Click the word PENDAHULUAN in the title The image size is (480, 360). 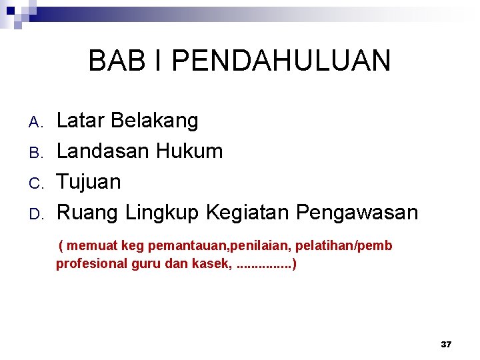281,61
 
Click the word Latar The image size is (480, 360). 81,121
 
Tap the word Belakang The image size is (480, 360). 155,121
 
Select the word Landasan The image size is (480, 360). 103,151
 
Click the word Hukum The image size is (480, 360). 189,151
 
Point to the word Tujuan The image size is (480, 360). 89,182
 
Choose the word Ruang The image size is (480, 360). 87,213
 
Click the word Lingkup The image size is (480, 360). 162,213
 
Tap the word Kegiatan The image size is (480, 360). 247,213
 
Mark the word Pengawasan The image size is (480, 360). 357,213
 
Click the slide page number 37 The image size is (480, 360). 446,344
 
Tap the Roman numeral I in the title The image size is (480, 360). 158,61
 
